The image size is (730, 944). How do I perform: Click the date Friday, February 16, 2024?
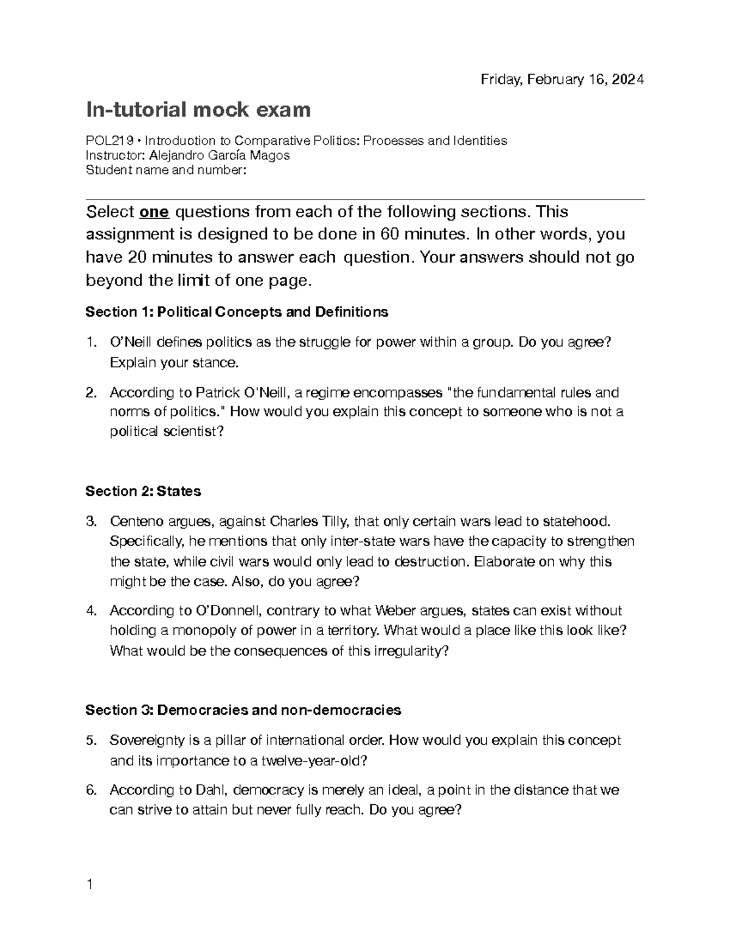tap(561, 80)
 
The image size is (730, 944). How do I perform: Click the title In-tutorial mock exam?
tap(198, 110)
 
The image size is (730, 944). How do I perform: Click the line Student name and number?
tap(165, 170)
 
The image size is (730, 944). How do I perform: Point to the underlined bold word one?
tap(154, 212)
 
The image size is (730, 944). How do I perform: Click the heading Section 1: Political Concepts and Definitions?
tap(237, 312)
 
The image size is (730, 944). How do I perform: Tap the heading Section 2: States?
tap(143, 491)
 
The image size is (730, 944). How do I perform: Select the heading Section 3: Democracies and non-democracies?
tap(243, 710)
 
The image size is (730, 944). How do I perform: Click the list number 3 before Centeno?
tap(91, 522)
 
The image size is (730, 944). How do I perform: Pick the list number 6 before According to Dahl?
tap(91, 790)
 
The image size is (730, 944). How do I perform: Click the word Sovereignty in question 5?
tap(147, 740)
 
